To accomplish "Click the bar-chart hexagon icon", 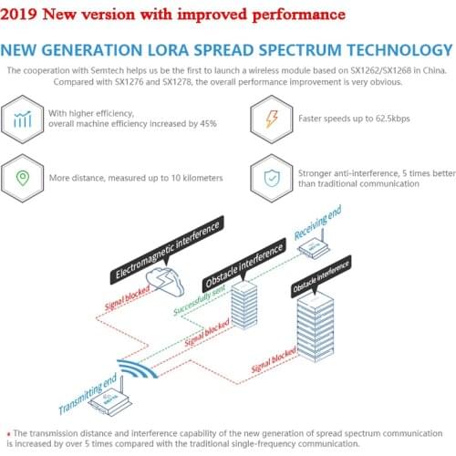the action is coord(23,119).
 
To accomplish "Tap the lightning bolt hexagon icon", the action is coord(272,119).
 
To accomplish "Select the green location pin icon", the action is coord(23,178).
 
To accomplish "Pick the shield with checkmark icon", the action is coord(272,178).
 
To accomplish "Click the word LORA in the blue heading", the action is coord(168,50).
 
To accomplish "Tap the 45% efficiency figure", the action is coord(208,123).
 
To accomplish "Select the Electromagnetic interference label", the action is coord(167,250).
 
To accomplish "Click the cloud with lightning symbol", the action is coord(165,282).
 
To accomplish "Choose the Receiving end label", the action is coord(317,223).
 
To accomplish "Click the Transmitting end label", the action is coord(88,393).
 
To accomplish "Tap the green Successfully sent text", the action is coord(199,300).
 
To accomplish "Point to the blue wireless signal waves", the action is coord(138,368).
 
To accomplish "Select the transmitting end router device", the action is coord(110,399).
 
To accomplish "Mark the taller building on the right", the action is coord(316,326).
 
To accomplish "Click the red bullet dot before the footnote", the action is coord(8,434).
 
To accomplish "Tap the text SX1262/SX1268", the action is coord(381,70).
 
